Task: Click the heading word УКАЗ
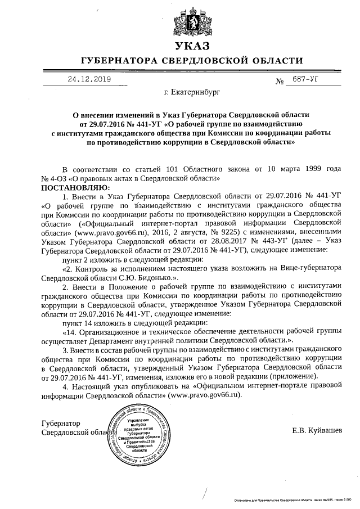coord(192,47)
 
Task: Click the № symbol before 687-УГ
coord(280,82)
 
